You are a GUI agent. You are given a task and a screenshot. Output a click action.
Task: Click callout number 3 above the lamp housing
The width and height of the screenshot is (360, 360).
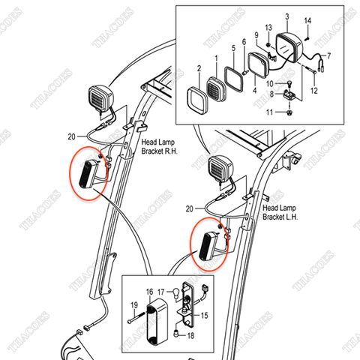286,16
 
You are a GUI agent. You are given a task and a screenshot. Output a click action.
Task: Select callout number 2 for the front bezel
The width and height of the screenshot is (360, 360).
199,68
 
